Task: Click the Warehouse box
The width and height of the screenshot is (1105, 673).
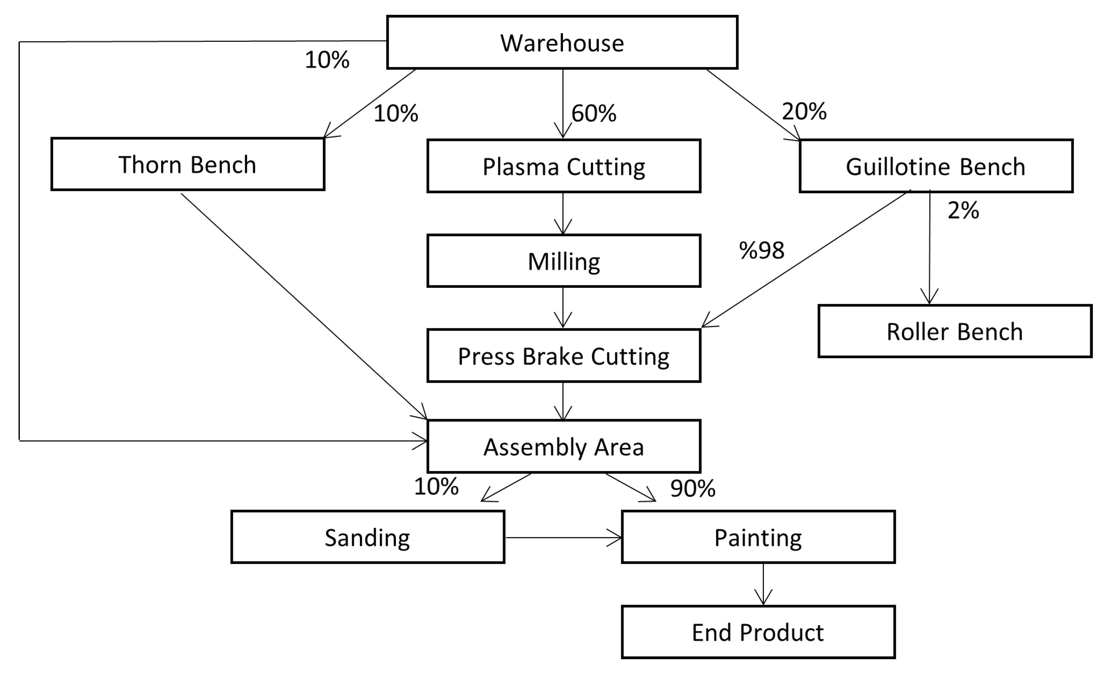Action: click(x=562, y=43)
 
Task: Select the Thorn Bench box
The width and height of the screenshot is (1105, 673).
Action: click(x=188, y=165)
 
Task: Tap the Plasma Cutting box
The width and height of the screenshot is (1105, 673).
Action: click(x=564, y=166)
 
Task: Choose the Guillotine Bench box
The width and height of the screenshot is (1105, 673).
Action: click(x=936, y=166)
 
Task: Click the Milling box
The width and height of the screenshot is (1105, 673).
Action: click(x=564, y=261)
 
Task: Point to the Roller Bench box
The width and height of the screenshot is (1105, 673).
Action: click(x=955, y=331)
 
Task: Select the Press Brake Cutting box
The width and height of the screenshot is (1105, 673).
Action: click(x=564, y=356)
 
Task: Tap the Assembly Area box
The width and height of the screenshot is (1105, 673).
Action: click(x=564, y=446)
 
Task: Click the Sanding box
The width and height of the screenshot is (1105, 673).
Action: click(x=367, y=537)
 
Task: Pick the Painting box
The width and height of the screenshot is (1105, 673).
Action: click(x=758, y=537)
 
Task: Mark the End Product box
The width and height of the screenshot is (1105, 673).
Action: click(x=758, y=632)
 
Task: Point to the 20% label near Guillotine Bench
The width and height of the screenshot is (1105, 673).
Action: click(x=804, y=111)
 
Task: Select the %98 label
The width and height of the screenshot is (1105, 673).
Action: click(x=762, y=250)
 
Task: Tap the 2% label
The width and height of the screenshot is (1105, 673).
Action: click(x=963, y=210)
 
